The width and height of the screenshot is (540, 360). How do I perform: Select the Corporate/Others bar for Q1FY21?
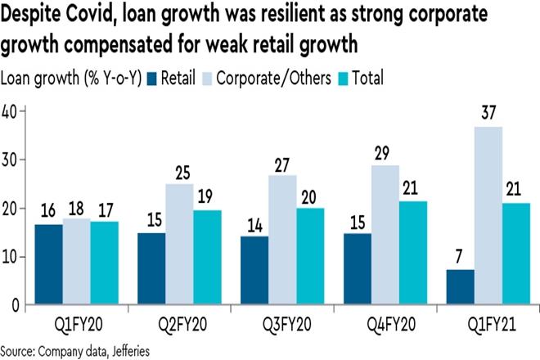[488, 216]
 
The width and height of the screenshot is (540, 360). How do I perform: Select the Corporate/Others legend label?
[252, 79]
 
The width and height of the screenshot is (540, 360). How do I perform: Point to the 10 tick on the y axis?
[10, 257]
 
